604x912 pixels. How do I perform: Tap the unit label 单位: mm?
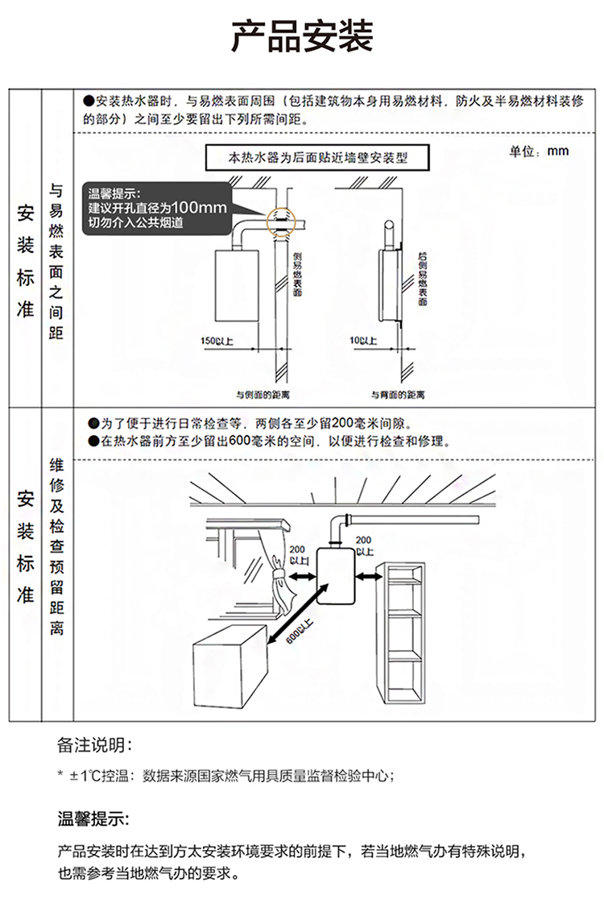(539, 151)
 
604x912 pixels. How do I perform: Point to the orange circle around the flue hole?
(283, 219)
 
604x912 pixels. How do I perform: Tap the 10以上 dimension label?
(364, 341)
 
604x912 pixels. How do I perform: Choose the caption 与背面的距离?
(398, 394)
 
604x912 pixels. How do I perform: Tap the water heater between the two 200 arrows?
(336, 577)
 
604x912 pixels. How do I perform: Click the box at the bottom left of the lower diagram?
(226, 676)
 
